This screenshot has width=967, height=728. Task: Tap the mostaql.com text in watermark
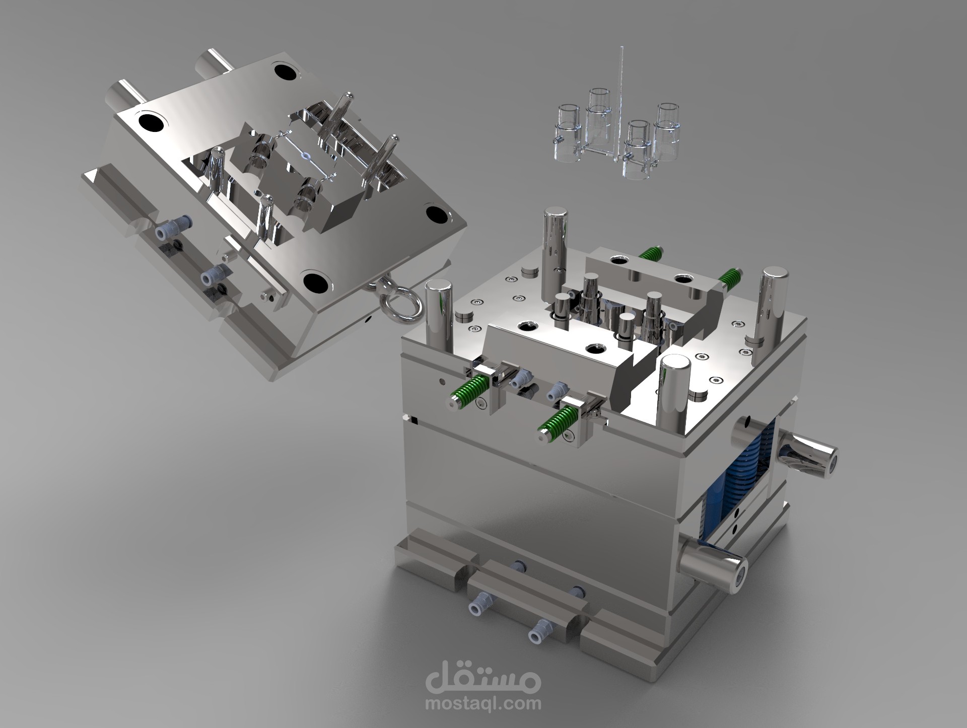pos(483,703)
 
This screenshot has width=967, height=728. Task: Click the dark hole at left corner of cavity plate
pos(152,121)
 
